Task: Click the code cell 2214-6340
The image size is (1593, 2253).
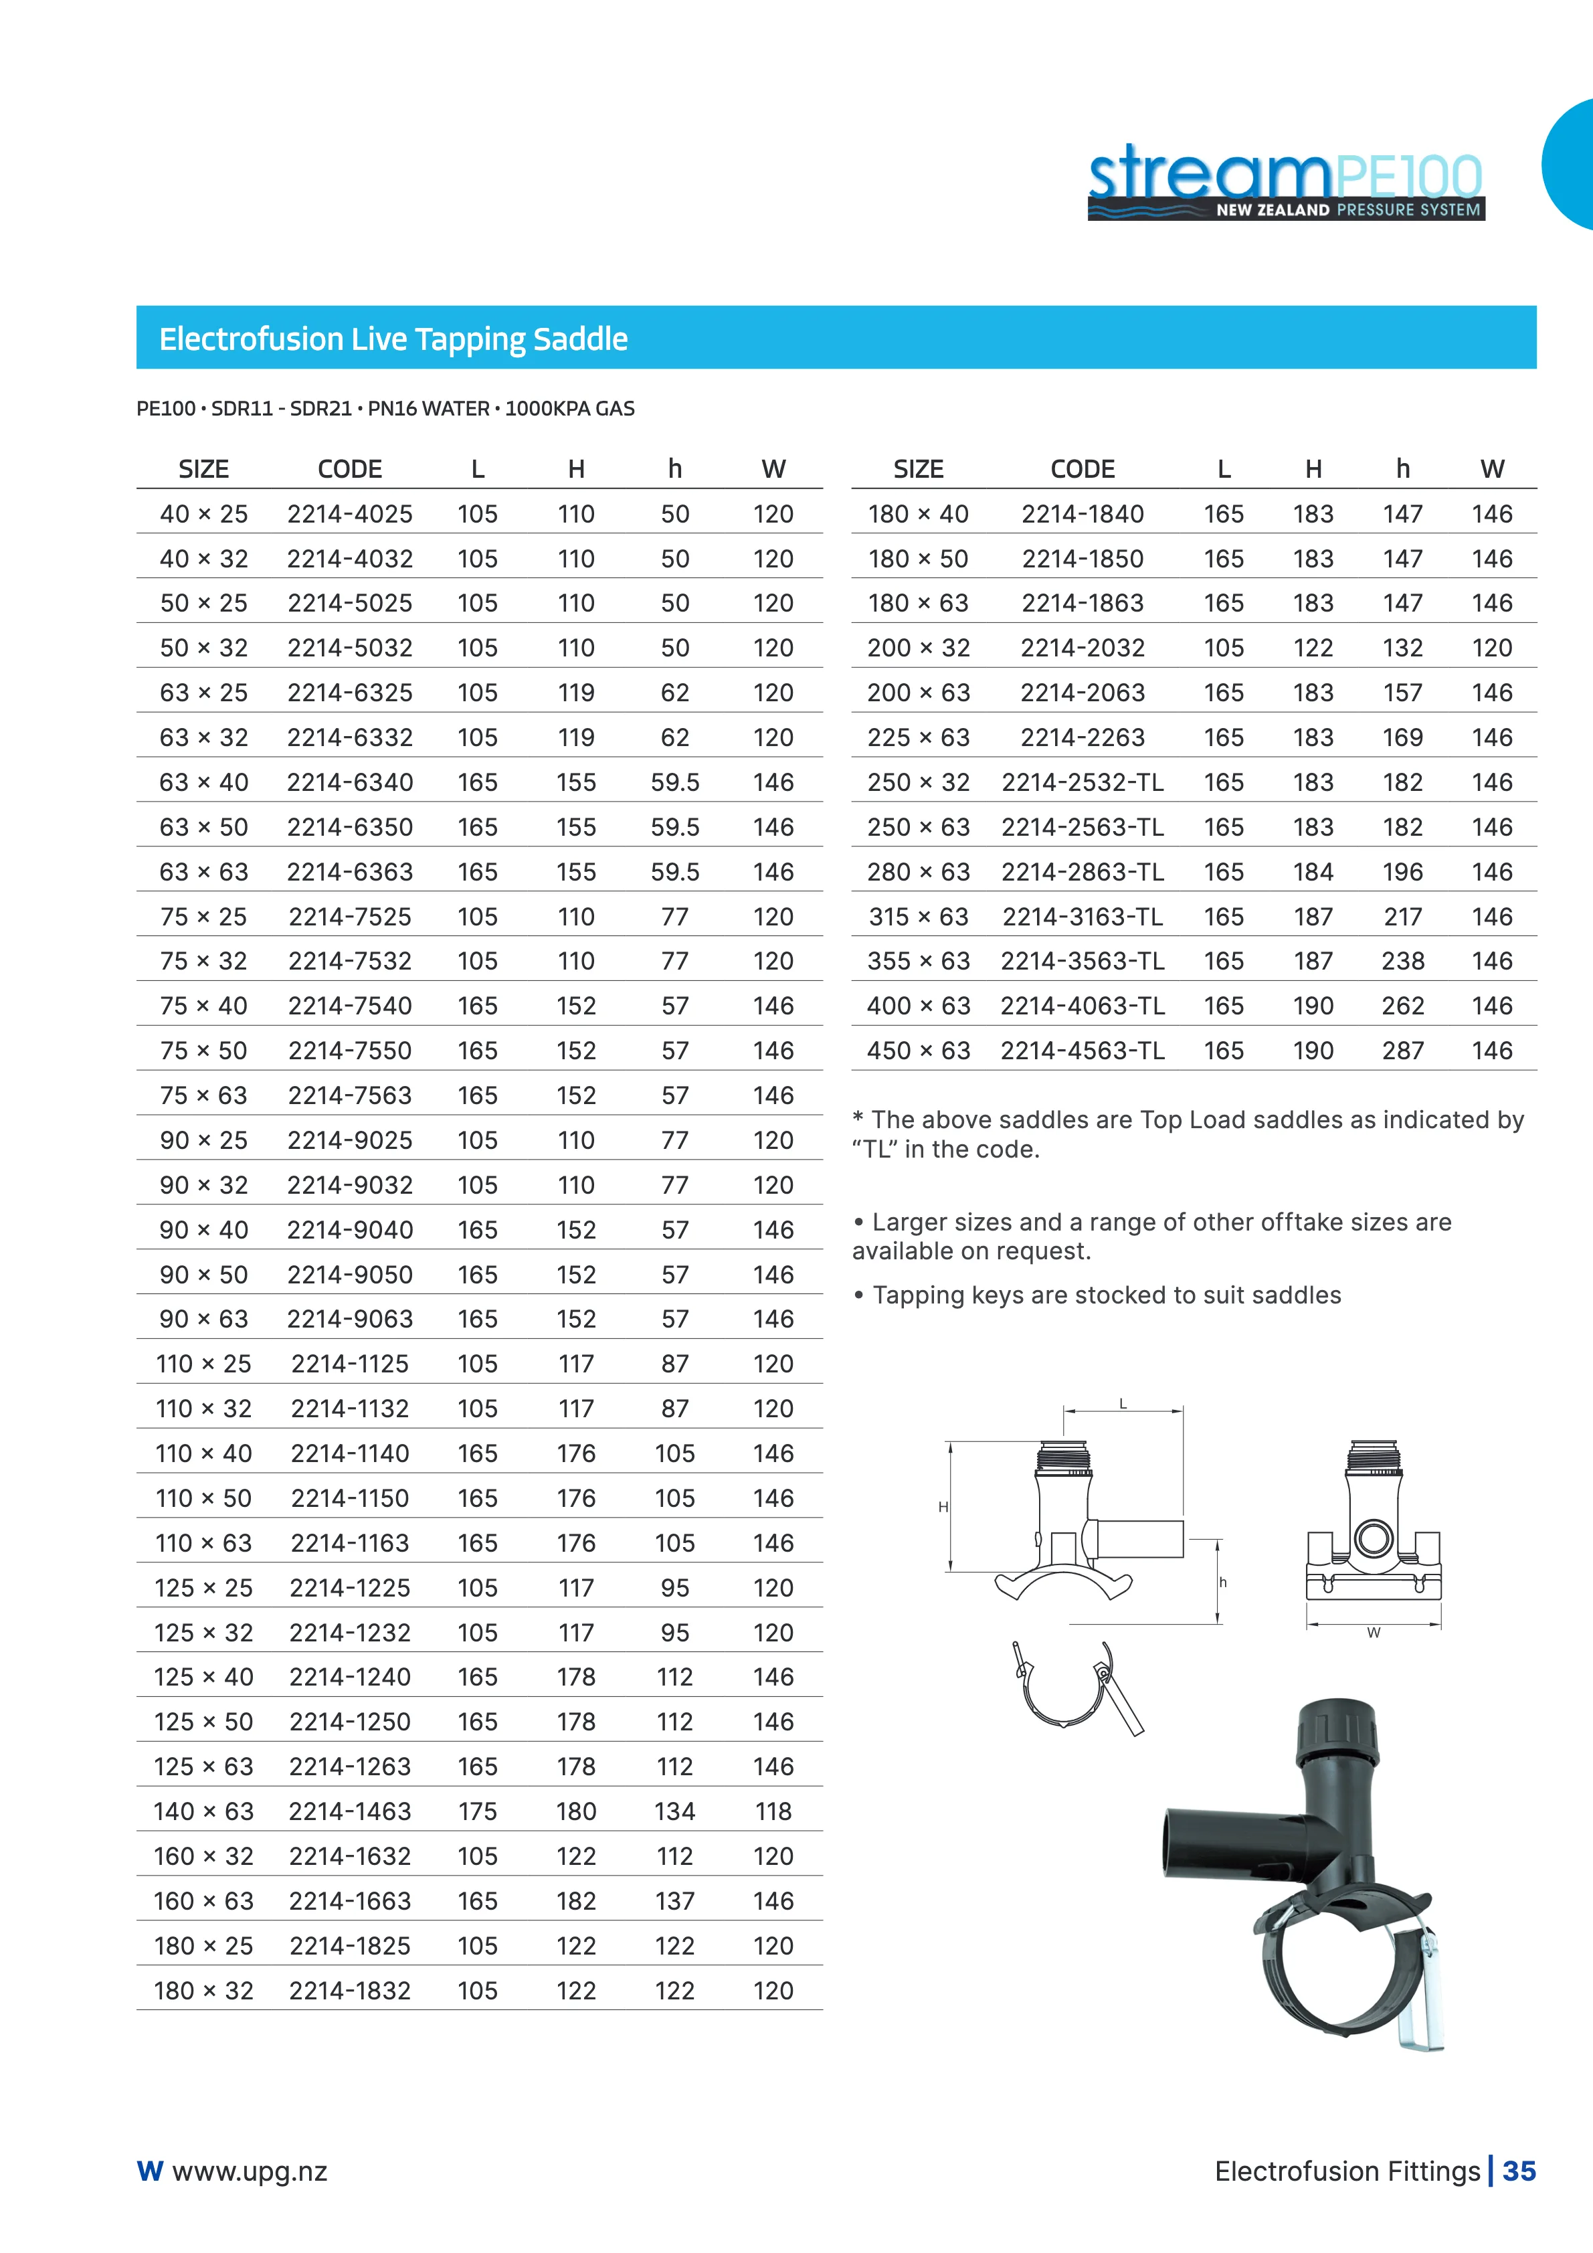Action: click(x=350, y=782)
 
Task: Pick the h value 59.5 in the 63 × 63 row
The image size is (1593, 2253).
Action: click(x=675, y=873)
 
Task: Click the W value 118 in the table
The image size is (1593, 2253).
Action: click(x=773, y=1811)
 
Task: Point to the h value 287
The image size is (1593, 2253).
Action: click(x=1403, y=1051)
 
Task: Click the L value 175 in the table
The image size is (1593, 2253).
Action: click(x=478, y=1811)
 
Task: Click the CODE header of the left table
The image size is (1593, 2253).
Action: click(x=350, y=469)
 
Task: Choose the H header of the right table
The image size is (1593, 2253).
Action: click(x=1313, y=469)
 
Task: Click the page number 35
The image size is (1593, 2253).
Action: click(x=1519, y=2171)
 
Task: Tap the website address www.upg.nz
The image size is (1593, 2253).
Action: click(x=249, y=2171)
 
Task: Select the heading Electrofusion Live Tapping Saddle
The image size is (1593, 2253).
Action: click(x=393, y=339)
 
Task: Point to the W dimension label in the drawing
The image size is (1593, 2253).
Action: click(x=1374, y=1633)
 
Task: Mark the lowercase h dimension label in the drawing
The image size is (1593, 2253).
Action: click(x=1223, y=1583)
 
